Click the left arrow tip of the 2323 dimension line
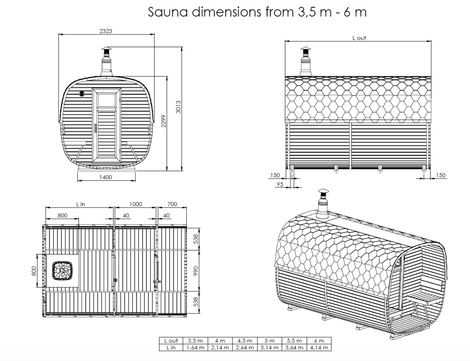tap(59, 34)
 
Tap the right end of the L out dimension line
tap(431, 41)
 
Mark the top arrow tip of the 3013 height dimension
tap(182, 47)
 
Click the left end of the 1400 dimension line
tap(77, 180)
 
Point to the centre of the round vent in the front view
tap(82, 94)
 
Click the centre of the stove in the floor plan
tap(62, 270)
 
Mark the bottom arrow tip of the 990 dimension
tap(199, 291)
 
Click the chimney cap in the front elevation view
tap(106, 48)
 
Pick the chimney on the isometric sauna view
tap(323, 204)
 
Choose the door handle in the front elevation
tap(95, 128)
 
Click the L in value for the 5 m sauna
tap(269, 348)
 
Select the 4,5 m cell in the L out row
tap(245, 341)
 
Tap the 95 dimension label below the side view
tap(280, 184)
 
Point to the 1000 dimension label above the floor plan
tap(136, 204)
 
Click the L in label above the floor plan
tap(80, 204)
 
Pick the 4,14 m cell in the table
tap(319, 348)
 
